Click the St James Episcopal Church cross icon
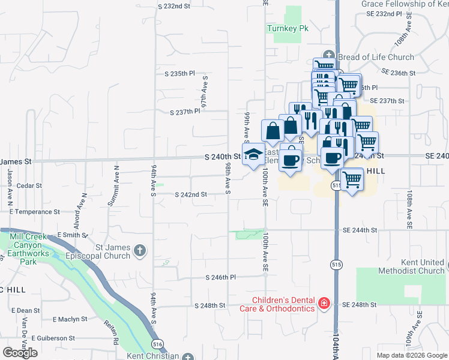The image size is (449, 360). point(140,250)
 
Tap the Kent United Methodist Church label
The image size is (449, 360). point(411,267)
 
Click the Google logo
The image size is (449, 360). point(20,352)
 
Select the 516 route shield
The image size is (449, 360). point(158,344)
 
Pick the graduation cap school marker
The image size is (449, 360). point(254,153)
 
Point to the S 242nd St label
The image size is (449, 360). point(191,195)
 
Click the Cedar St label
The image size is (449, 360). point(28,186)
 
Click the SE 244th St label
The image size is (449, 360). point(360,230)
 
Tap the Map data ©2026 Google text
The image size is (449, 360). point(411,355)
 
